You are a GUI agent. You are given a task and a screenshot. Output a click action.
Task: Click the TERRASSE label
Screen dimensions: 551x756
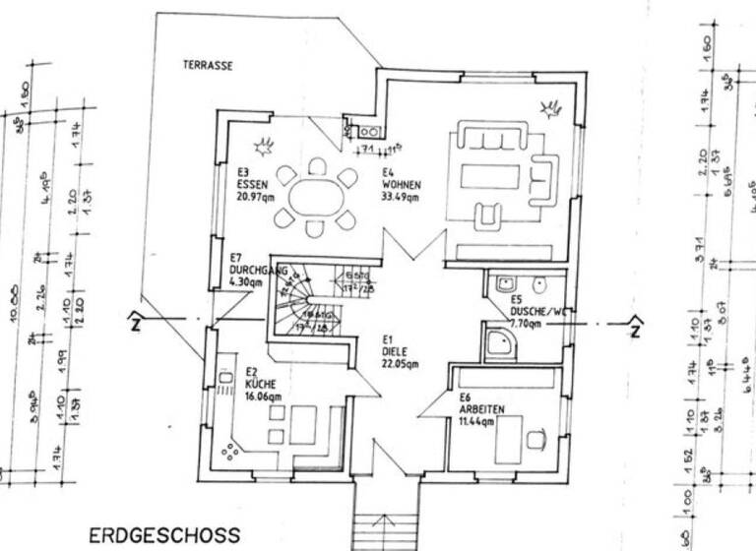207,66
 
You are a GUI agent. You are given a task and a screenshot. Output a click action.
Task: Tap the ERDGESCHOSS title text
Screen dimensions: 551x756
164,535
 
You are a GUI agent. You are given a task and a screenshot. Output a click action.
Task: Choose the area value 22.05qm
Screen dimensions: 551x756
400,363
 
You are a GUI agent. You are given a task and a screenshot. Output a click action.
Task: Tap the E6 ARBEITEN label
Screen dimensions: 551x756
481,403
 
